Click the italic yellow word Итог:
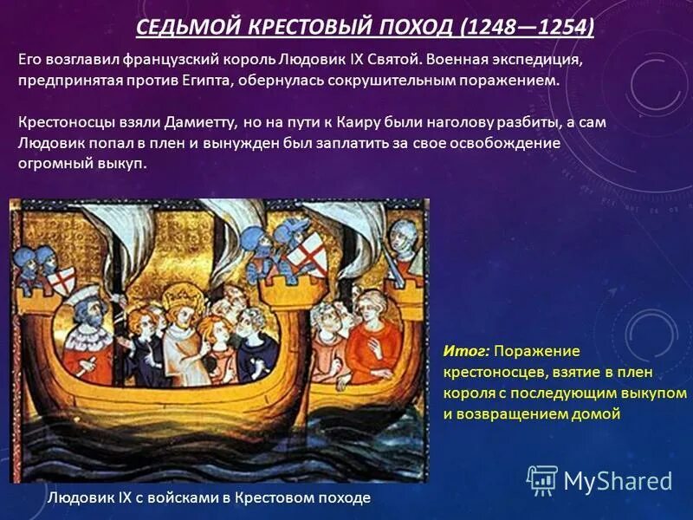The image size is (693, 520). click(467, 351)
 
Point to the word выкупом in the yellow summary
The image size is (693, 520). click(645, 393)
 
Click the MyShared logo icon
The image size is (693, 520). click(542, 480)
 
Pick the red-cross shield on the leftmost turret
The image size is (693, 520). click(62, 279)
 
